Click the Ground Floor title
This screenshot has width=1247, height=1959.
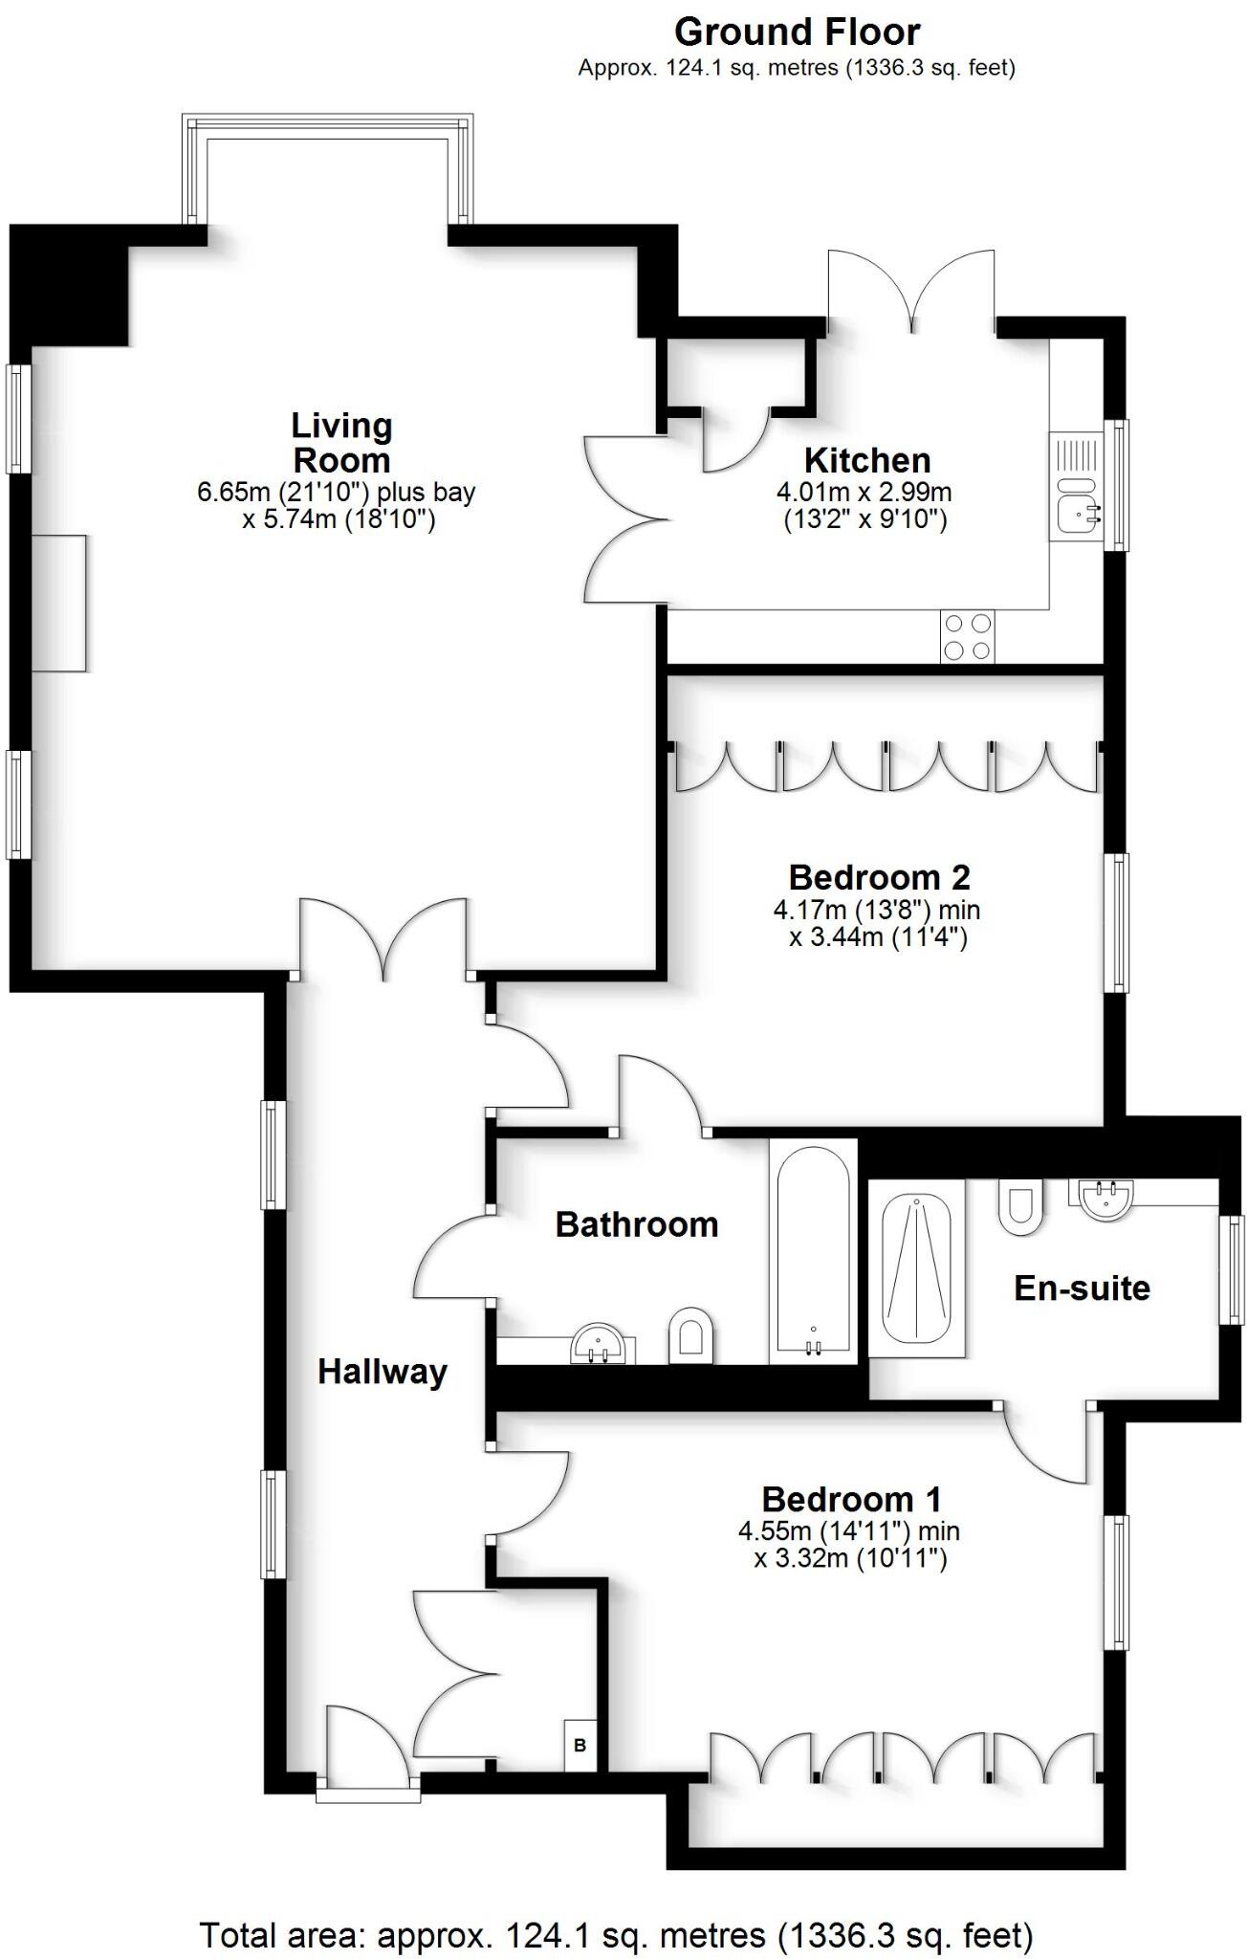pyautogui.click(x=797, y=33)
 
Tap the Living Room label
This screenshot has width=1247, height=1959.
pyautogui.click(x=341, y=443)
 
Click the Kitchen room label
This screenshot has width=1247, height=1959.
pyautogui.click(x=866, y=460)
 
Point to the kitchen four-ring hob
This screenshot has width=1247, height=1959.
pyautogui.click(x=967, y=636)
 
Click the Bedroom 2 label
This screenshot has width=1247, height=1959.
pyautogui.click(x=878, y=876)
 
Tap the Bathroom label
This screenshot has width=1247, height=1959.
pyautogui.click(x=636, y=1224)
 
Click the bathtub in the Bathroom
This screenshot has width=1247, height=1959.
pyautogui.click(x=813, y=1251)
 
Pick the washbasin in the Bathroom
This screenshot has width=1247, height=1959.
pyautogui.click(x=598, y=1344)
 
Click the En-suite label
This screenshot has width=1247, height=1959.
pyautogui.click(x=1081, y=1288)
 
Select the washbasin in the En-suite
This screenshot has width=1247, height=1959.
pyautogui.click(x=1106, y=1198)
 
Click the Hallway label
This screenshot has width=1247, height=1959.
pyautogui.click(x=382, y=1372)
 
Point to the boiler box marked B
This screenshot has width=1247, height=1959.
pyautogui.click(x=580, y=1745)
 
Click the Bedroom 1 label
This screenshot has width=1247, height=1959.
pyautogui.click(x=851, y=1499)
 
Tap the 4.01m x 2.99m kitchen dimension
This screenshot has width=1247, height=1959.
pyautogui.click(x=864, y=494)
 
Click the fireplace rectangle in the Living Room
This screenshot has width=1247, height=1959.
pyautogui.click(x=59, y=603)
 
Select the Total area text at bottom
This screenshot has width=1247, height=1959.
pyautogui.click(x=616, y=1927)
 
